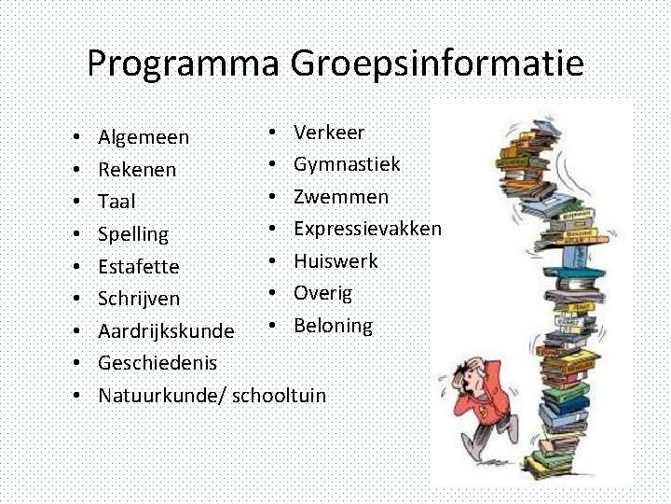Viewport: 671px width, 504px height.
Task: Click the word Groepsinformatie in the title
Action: (437, 64)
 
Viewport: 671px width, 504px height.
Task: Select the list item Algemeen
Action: (144, 138)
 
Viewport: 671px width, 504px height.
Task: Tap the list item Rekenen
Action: (137, 171)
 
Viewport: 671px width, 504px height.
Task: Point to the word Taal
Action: (116, 202)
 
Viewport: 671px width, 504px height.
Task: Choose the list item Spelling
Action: (133, 234)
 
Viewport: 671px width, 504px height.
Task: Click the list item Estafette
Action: (138, 267)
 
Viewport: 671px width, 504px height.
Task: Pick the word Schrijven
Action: (139, 299)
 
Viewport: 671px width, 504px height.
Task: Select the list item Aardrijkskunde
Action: (166, 331)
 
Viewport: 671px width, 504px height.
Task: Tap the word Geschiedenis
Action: (157, 363)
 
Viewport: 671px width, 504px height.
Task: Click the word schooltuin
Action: (279, 396)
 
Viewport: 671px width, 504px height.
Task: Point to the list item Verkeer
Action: (329, 133)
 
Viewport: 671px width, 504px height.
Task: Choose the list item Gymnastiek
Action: (347, 164)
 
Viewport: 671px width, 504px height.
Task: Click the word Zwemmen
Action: (341, 197)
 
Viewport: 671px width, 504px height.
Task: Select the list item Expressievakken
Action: (367, 229)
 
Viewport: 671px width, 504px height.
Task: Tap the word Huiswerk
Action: (335, 261)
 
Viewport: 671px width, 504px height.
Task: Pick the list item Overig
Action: (322, 293)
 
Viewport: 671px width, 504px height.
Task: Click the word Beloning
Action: (333, 326)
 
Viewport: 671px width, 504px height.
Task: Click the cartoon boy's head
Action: (472, 372)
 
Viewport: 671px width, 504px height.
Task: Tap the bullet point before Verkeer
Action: (268, 133)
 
